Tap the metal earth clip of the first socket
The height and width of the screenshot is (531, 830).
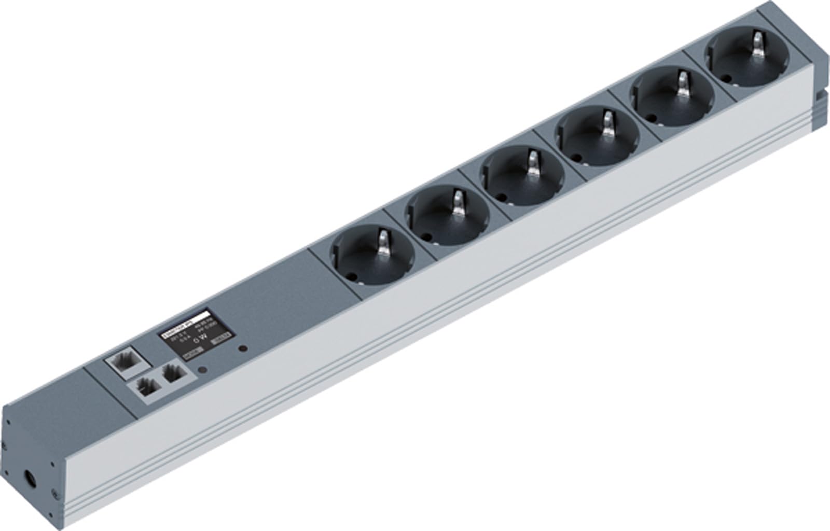[383, 241]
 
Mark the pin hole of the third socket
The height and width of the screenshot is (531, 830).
[501, 198]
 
